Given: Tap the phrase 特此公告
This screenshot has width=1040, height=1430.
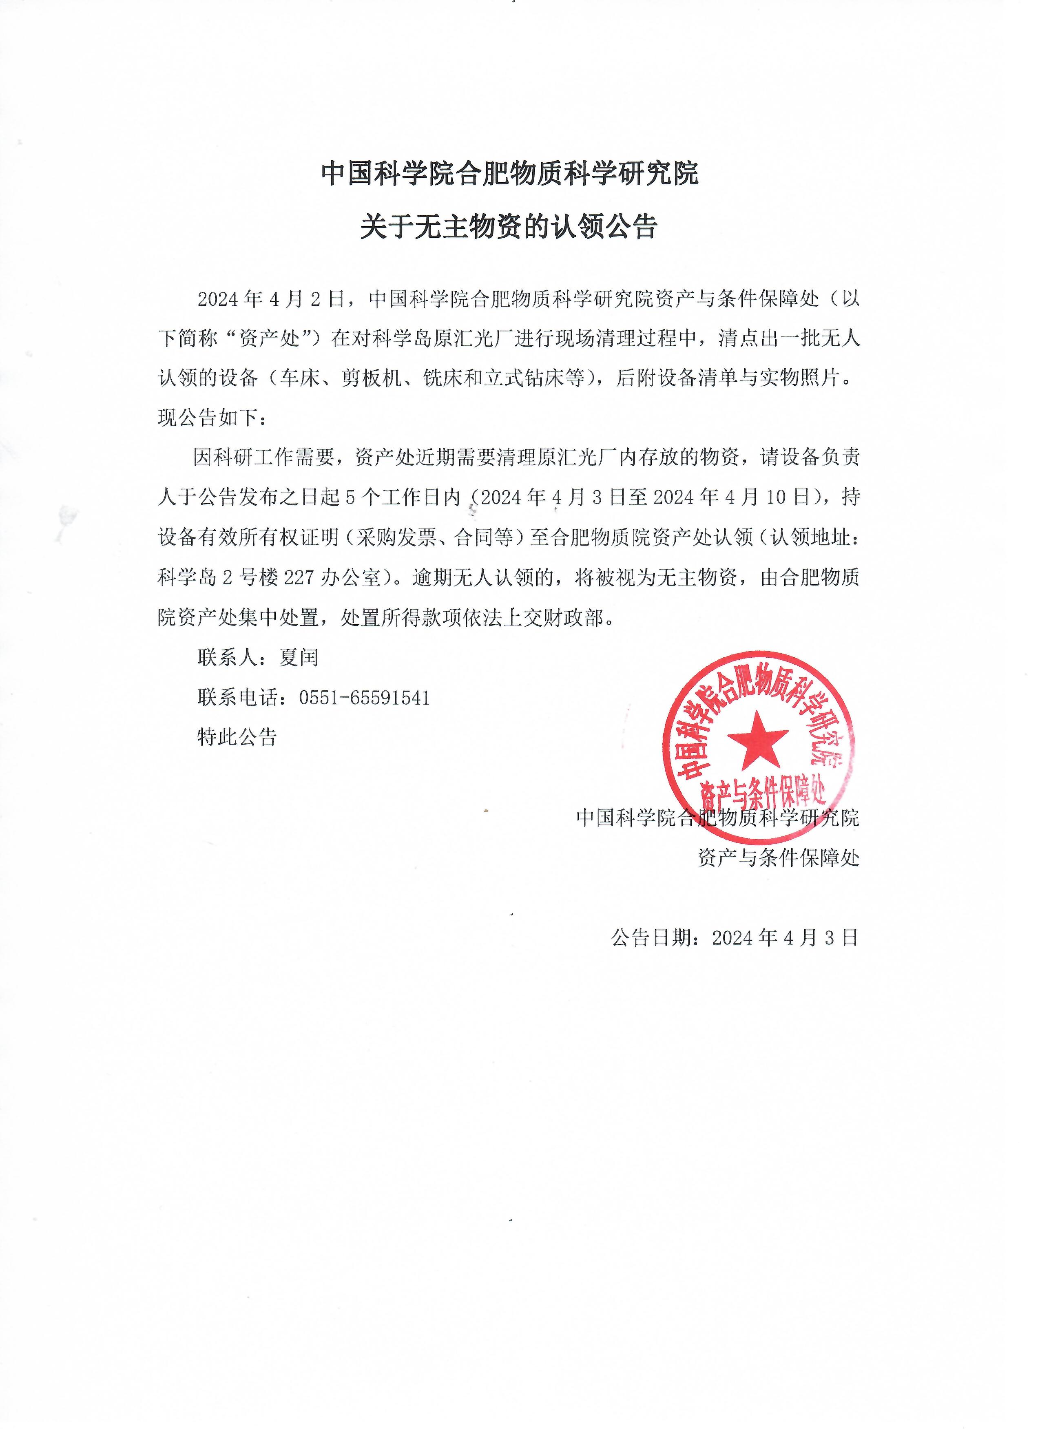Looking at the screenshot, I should pos(237,737).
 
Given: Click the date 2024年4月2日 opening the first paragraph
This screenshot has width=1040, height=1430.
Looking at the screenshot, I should pos(271,299).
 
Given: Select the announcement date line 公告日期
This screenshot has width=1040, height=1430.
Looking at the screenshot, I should pos(735,938).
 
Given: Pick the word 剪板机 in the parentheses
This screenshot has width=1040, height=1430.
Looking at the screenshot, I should pos(371,378).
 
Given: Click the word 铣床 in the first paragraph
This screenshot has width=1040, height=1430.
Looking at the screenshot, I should pos(441,378).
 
